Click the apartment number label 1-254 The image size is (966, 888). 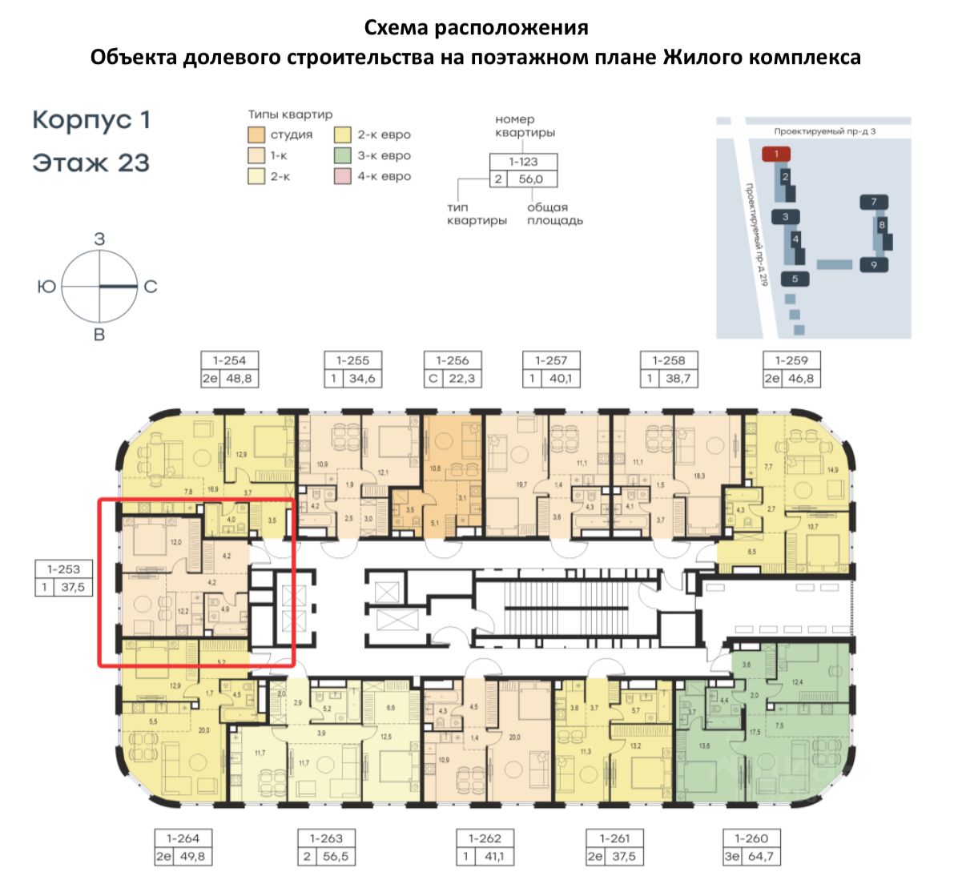[x=229, y=360]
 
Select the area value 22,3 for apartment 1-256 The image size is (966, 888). [x=461, y=379]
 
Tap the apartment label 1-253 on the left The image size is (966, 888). [x=63, y=569]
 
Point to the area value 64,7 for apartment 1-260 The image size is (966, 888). [x=759, y=856]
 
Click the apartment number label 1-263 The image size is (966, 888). [x=326, y=838]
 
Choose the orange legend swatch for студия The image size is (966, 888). [x=256, y=134]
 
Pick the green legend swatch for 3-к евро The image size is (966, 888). [x=343, y=155]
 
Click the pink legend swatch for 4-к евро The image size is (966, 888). [x=343, y=175]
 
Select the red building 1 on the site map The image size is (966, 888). [x=776, y=154]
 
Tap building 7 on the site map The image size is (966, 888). [x=874, y=202]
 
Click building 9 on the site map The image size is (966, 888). [x=874, y=264]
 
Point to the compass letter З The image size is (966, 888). [x=99, y=239]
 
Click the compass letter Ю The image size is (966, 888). [x=46, y=286]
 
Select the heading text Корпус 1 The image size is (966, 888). [x=91, y=120]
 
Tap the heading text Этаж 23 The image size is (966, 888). [x=91, y=163]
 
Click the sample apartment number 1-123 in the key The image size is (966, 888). [x=523, y=161]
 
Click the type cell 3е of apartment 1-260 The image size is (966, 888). [x=732, y=856]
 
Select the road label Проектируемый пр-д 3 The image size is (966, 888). [x=824, y=131]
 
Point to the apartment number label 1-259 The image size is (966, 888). [x=791, y=360]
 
